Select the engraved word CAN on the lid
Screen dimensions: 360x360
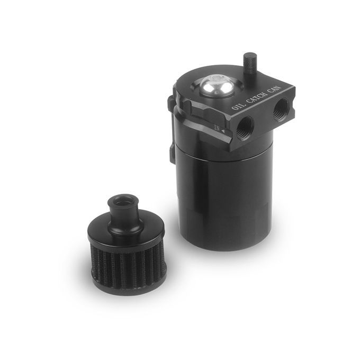point(275,89)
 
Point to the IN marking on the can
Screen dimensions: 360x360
point(217,128)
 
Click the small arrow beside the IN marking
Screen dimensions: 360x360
point(223,131)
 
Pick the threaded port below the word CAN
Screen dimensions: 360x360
point(281,107)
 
